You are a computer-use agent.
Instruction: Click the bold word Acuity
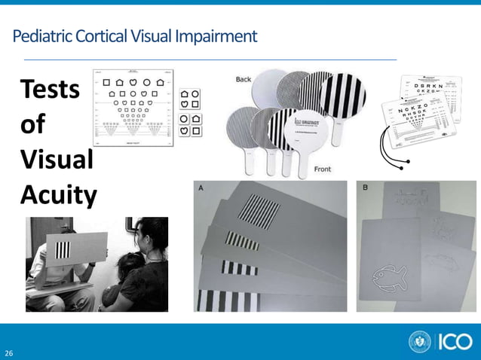point(58,195)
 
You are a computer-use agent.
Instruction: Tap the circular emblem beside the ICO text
point(420,342)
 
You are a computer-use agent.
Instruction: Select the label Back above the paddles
point(244,80)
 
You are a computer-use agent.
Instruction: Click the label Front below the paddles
point(322,169)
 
